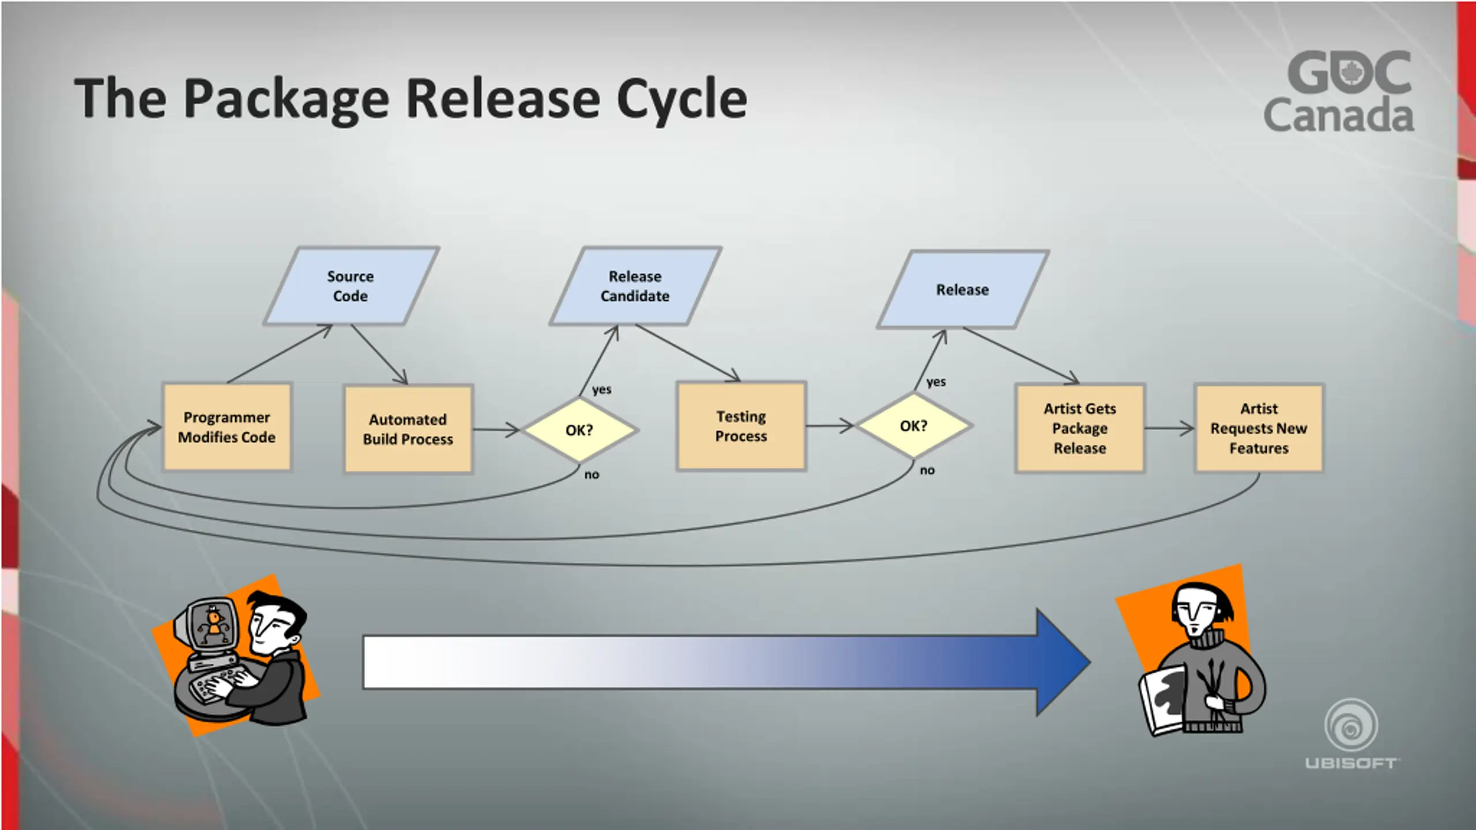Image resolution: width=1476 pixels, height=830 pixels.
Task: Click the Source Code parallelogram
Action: point(351,286)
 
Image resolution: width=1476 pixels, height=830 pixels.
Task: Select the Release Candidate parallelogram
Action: point(635,286)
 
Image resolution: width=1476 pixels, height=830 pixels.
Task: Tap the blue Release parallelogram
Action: point(962,289)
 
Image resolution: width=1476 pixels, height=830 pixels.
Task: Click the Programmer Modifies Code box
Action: point(227,427)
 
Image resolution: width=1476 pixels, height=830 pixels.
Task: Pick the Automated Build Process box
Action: point(408,429)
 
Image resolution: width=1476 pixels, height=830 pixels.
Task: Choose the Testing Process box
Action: point(741,426)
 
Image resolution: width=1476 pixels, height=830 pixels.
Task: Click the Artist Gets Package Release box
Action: point(1080,428)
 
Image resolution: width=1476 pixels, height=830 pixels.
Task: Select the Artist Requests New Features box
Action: point(1259,428)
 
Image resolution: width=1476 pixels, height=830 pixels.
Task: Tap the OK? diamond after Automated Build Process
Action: point(579,430)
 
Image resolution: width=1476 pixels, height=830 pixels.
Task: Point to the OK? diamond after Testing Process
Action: point(914,426)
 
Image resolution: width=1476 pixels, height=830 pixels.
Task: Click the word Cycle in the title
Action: point(681,99)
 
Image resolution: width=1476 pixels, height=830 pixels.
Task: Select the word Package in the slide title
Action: point(287,99)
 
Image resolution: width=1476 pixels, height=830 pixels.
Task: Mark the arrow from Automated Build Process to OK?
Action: point(496,429)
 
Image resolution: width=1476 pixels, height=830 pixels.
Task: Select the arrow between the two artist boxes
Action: point(1169,428)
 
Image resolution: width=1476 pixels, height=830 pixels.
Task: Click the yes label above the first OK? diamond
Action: point(601,390)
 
